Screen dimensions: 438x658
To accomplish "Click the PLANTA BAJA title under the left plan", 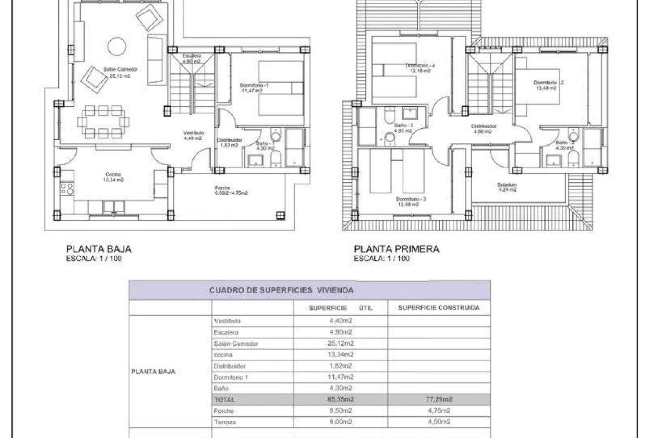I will pyautogui.click(x=99, y=249).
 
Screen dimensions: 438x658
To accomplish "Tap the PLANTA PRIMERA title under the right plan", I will pyautogui.click(x=396, y=249).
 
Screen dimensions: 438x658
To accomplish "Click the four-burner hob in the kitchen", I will pyautogui.click(x=67, y=189).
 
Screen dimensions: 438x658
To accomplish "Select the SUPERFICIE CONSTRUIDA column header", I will pyautogui.click(x=438, y=308).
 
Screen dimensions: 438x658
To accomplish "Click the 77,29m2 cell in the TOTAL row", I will pyautogui.click(x=438, y=399).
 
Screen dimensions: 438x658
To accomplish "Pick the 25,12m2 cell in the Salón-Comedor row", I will pyautogui.click(x=340, y=343).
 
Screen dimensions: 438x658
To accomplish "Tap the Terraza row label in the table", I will pyautogui.click(x=225, y=422).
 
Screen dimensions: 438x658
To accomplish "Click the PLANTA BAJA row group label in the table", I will pyautogui.click(x=153, y=372).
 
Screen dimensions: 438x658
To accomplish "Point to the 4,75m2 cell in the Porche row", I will pyautogui.click(x=438, y=411).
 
